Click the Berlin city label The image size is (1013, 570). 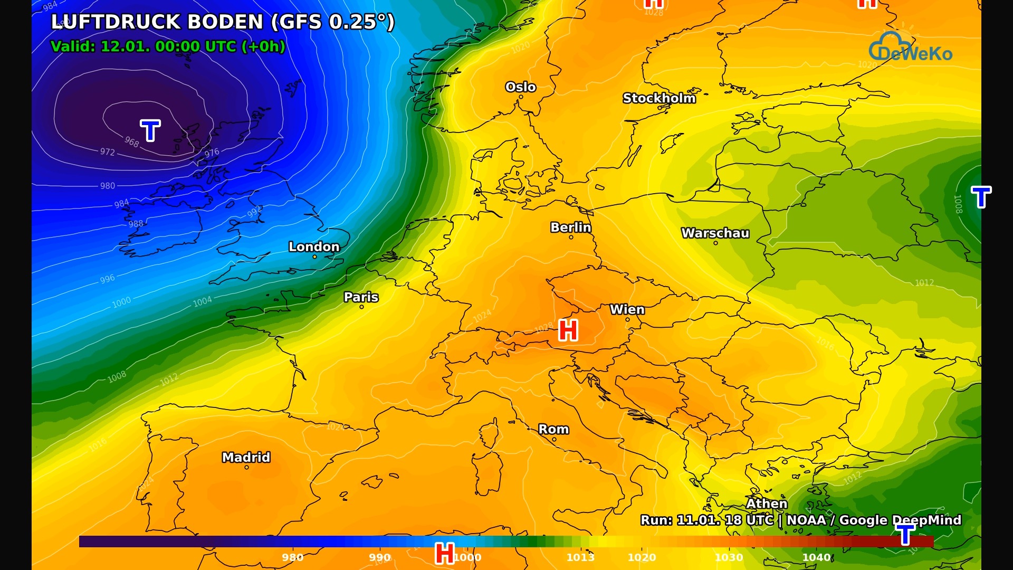pyautogui.click(x=570, y=227)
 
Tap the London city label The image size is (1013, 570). pyautogui.click(x=314, y=246)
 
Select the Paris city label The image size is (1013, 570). pyautogui.click(x=361, y=297)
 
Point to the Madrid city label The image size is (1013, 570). pyautogui.click(x=246, y=457)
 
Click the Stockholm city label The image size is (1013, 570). pyautogui.click(x=659, y=98)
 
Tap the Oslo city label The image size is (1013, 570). pyautogui.click(x=520, y=87)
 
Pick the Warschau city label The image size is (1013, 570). pyautogui.click(x=715, y=233)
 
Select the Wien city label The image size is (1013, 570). pyautogui.click(x=627, y=310)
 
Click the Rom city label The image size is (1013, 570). pyautogui.click(x=553, y=429)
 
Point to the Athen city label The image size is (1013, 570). pyautogui.click(x=766, y=503)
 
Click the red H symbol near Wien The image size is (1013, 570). pyautogui.click(x=568, y=330)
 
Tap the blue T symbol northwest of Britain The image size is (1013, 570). pyautogui.click(x=150, y=130)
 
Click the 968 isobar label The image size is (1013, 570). pyautogui.click(x=132, y=142)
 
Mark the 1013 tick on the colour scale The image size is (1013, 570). pyautogui.click(x=580, y=557)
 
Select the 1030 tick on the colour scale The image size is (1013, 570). pyautogui.click(x=729, y=557)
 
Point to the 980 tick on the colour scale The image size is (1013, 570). pyautogui.click(x=292, y=557)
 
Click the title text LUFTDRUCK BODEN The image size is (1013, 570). pyautogui.click(x=157, y=22)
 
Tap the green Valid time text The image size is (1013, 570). pyautogui.click(x=168, y=46)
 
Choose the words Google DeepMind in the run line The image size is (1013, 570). pyautogui.click(x=900, y=520)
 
